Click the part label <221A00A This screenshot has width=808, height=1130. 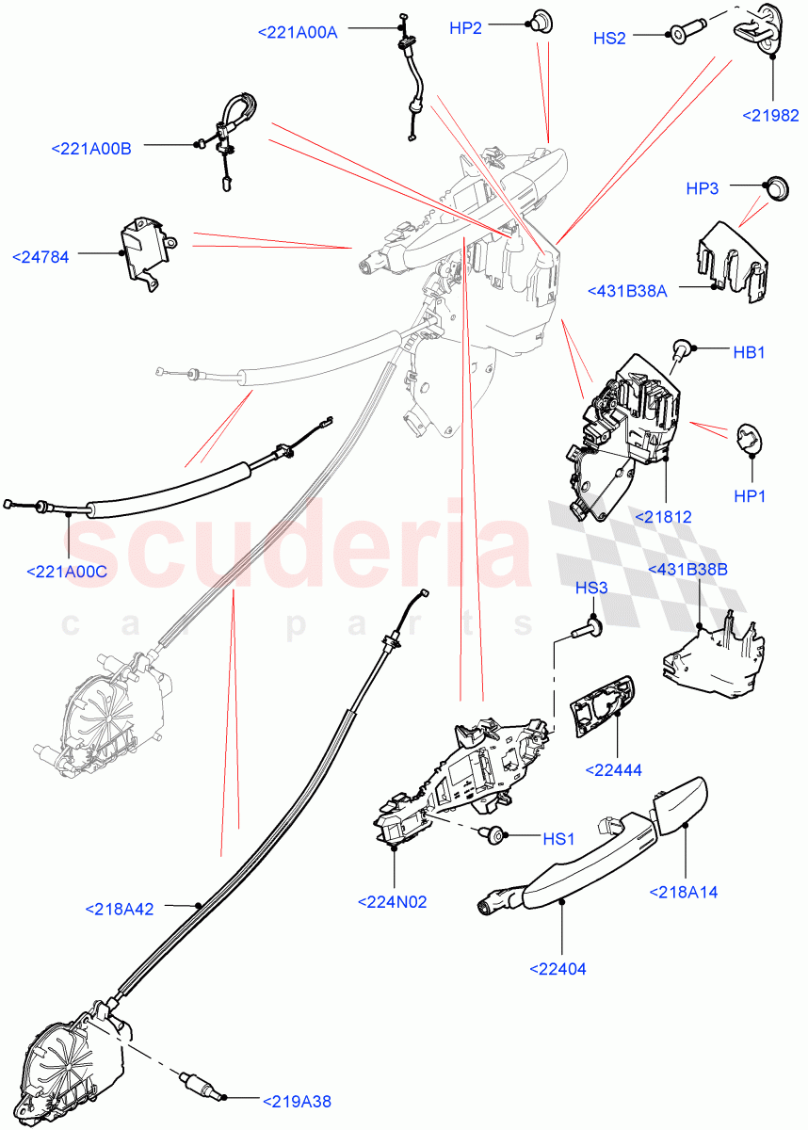[297, 32]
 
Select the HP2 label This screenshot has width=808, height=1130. [465, 29]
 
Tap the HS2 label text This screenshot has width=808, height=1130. [609, 39]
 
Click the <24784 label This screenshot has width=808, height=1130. [41, 255]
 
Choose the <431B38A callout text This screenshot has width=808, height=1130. [626, 291]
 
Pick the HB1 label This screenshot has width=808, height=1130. [749, 352]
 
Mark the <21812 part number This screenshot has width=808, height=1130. [663, 516]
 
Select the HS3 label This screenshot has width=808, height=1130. [591, 589]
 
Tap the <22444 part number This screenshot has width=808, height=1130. [613, 769]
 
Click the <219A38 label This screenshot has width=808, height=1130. [296, 1101]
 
